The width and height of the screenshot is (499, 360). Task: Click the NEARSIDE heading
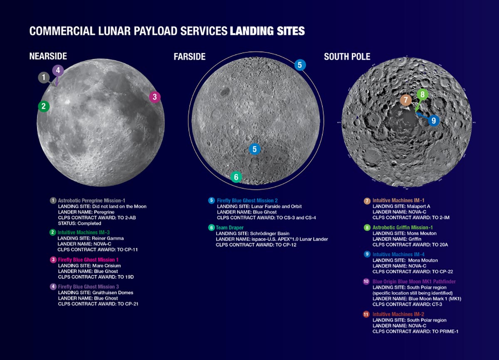[48, 56]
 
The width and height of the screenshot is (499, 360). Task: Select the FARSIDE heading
[190, 56]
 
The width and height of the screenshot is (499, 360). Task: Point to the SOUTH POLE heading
[347, 56]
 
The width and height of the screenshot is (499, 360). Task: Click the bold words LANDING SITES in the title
[267, 31]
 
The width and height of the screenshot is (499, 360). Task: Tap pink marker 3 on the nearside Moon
[155, 97]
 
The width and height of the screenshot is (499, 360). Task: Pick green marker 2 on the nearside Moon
[43, 106]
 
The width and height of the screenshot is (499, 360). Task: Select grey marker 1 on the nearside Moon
[44, 77]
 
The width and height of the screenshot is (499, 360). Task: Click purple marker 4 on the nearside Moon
[58, 70]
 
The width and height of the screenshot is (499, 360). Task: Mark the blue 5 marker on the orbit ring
[300, 65]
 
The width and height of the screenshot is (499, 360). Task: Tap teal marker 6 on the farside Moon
[236, 177]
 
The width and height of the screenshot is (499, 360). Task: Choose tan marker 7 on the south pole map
[406, 100]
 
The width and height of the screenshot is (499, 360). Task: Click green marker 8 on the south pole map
[422, 94]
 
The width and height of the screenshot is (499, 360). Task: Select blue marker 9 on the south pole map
[433, 120]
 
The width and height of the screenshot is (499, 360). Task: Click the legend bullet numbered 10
[367, 281]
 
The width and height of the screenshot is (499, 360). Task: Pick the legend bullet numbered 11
[367, 315]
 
